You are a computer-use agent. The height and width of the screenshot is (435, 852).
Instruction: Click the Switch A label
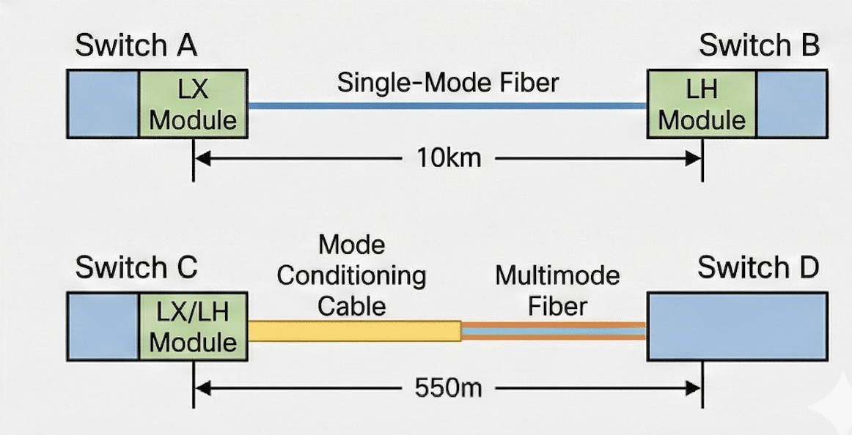pyautogui.click(x=136, y=45)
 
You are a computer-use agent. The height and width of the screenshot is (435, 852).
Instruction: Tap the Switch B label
pyautogui.click(x=759, y=45)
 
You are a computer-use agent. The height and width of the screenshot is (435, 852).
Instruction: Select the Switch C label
pyautogui.click(x=136, y=267)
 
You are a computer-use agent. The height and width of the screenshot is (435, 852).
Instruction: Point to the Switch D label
pyautogui.click(x=758, y=267)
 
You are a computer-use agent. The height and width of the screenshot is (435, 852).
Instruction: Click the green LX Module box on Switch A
pyautogui.click(x=194, y=103)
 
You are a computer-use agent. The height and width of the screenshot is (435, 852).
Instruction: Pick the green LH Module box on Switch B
pyautogui.click(x=702, y=103)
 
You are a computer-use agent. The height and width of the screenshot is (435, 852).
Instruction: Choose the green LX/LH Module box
pyautogui.click(x=194, y=327)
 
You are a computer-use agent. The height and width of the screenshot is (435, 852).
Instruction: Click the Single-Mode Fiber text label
pyautogui.click(x=448, y=83)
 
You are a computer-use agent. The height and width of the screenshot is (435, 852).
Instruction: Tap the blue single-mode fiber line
pyautogui.click(x=447, y=105)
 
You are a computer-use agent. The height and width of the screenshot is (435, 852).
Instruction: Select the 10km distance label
pyautogui.click(x=449, y=158)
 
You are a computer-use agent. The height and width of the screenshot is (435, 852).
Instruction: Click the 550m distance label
pyautogui.click(x=448, y=388)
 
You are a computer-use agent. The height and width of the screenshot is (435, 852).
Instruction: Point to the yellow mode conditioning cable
pyautogui.click(x=355, y=331)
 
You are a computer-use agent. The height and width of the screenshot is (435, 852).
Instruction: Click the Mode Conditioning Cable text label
pyautogui.click(x=351, y=275)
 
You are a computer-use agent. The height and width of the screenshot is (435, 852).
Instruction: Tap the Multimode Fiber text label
pyautogui.click(x=557, y=291)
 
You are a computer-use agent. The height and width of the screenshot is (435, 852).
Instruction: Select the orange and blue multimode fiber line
pyautogui.click(x=554, y=331)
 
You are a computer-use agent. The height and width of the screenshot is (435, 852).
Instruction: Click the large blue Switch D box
pyautogui.click(x=738, y=327)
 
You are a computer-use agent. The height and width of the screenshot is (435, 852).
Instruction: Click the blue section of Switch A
pyautogui.click(x=103, y=103)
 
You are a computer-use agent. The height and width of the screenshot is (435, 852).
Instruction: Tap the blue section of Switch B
pyautogui.click(x=792, y=103)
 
